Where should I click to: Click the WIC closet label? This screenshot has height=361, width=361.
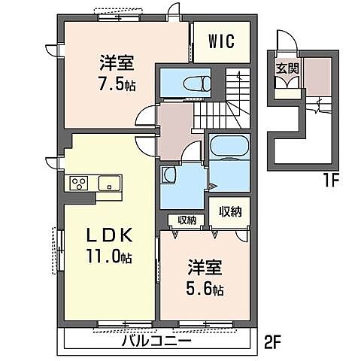pyautogui.click(x=222, y=41)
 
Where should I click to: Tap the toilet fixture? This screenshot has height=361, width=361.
pyautogui.click(x=197, y=83)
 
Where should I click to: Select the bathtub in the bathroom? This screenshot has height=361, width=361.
pyautogui.click(x=229, y=147)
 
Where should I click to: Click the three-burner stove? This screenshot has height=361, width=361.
pyautogui.click(x=79, y=183)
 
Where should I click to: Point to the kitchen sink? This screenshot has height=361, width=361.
pyautogui.click(x=109, y=183)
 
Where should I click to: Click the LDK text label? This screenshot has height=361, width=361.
pyautogui.click(x=109, y=235)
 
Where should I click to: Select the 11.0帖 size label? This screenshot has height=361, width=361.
pyautogui.click(x=109, y=256)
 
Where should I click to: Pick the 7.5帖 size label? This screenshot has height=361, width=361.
pyautogui.click(x=117, y=84)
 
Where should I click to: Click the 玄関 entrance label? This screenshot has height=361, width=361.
pyautogui.click(x=287, y=68)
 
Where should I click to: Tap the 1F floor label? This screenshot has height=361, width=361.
pyautogui.click(x=332, y=181)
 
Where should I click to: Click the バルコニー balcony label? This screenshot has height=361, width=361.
pyautogui.click(x=156, y=341)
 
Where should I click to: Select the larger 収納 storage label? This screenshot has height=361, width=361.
pyautogui.click(x=230, y=212)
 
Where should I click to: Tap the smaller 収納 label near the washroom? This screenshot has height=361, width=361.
pyautogui.click(x=187, y=220)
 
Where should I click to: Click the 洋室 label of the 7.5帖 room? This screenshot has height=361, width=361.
pyautogui.click(x=117, y=62)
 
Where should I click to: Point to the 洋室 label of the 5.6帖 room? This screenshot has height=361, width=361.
pyautogui.click(x=205, y=267)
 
